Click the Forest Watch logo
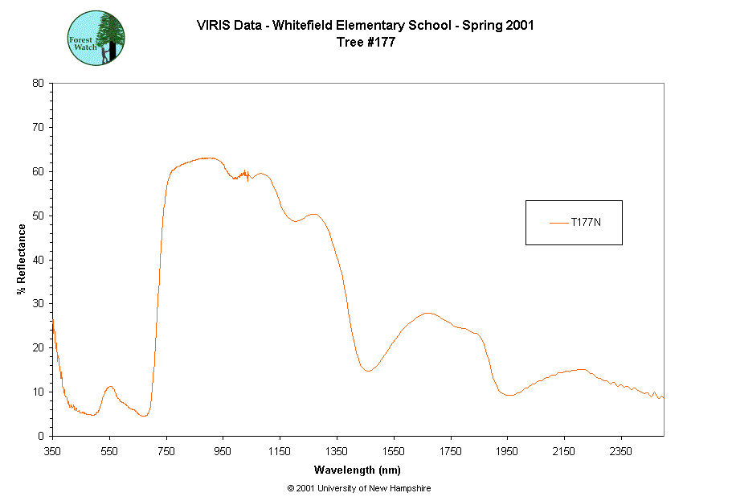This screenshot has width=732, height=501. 95,38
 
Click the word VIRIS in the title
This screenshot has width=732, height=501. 213,25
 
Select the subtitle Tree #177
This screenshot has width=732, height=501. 366,43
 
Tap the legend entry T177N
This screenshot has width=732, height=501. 585,223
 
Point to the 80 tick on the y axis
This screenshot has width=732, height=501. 38,83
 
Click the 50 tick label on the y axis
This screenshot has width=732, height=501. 38,216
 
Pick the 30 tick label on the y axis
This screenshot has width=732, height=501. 38,303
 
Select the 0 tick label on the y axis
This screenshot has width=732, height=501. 41,436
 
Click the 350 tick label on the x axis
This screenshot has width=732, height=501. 52,451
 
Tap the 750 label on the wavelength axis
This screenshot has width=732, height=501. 166,451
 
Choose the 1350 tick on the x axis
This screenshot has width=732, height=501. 337,451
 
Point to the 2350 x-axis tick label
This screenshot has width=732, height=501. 620,451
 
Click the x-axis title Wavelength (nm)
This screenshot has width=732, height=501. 357,470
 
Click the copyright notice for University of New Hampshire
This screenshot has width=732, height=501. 358,488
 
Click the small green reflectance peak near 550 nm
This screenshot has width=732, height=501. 110,387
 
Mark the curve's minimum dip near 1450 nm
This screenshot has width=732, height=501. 366,371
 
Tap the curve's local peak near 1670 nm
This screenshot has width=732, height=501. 427,313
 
